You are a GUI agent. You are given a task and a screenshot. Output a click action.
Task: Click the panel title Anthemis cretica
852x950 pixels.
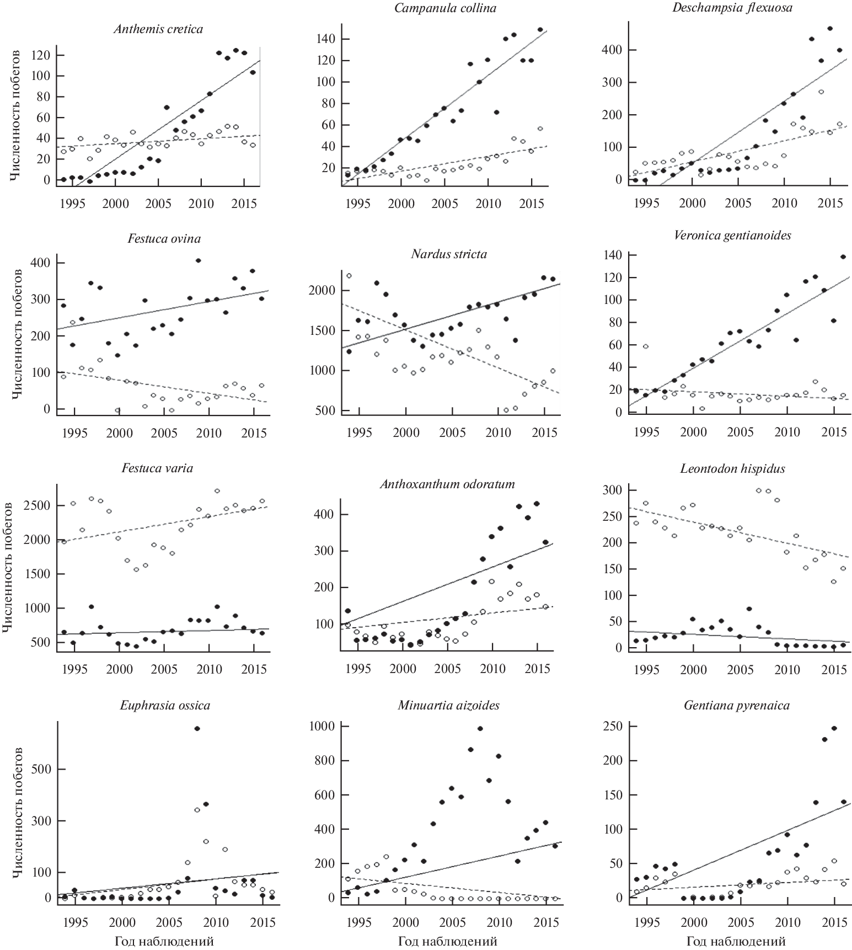pyautogui.click(x=158, y=29)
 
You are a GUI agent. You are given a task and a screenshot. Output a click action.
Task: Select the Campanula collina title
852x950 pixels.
pyautogui.click(x=446, y=8)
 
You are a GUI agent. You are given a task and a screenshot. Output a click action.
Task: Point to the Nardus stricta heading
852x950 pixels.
pyautogui.click(x=449, y=254)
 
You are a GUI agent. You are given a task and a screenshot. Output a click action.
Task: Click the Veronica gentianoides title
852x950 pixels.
pyautogui.click(x=732, y=236)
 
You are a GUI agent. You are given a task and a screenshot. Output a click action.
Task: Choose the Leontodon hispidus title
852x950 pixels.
pyautogui.click(x=732, y=469)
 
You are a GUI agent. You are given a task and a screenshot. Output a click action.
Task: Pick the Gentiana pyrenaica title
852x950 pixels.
pyautogui.click(x=736, y=706)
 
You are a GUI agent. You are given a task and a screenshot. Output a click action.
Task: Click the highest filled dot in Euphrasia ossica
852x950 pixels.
pyautogui.click(x=197, y=729)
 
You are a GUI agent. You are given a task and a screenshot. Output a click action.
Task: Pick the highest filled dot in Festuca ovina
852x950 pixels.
pyautogui.click(x=198, y=260)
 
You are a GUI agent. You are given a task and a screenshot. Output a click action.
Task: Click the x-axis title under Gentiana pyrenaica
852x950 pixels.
pyautogui.click(x=736, y=941)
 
